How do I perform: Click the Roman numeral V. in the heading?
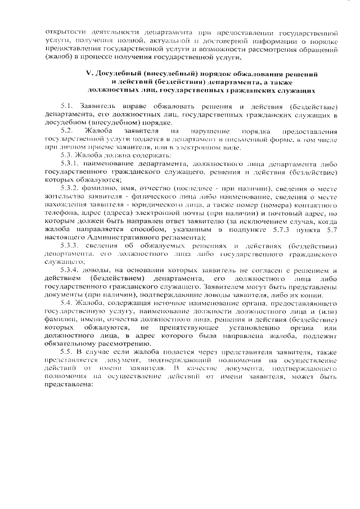(x=88, y=74)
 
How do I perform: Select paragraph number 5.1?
(x=67, y=106)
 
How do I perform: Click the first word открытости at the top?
(x=64, y=33)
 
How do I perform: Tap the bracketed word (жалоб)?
(x=57, y=57)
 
